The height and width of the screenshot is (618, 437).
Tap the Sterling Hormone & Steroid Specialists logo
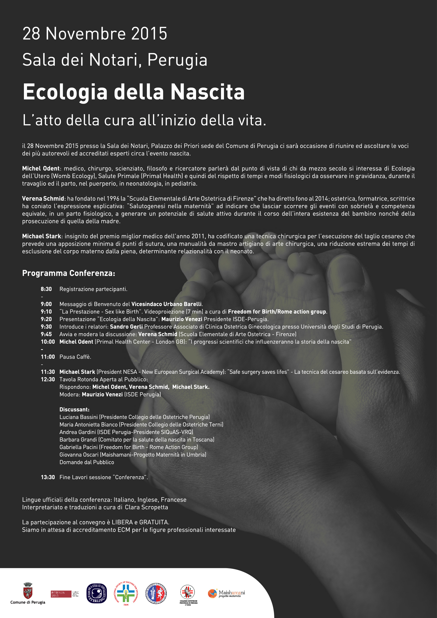[97, 593]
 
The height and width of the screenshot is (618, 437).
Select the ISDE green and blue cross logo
[126, 593]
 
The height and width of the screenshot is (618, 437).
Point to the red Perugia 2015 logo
[61, 594]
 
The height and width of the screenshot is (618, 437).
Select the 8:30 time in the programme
[46, 289]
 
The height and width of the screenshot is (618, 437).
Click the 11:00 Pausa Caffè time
[48, 357]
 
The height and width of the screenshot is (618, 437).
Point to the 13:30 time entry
[48, 477]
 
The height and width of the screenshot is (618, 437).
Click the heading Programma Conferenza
[69, 273]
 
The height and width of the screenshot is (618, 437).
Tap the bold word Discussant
[74, 409]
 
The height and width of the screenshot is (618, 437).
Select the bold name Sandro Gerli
[126, 327]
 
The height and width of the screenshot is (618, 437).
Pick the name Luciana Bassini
[78, 417]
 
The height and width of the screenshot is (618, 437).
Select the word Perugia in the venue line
[177, 60]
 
